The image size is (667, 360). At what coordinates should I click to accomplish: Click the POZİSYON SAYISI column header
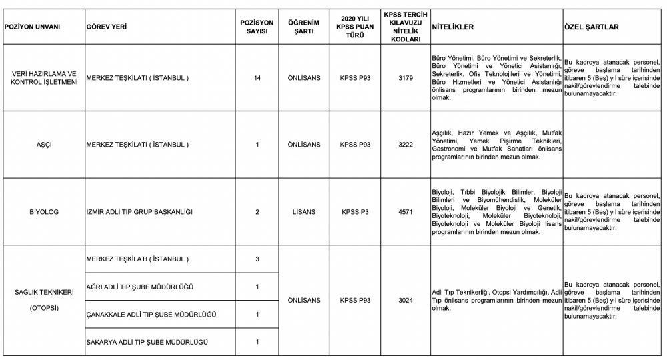coord(257,27)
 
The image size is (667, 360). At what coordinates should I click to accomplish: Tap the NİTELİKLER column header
coord(453,27)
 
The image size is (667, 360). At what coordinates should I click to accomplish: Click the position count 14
coord(257,78)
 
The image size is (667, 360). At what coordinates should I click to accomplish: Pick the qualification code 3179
coord(406,78)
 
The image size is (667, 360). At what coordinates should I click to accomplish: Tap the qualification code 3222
coord(406,144)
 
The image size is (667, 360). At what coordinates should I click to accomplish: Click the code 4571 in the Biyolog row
coord(406,211)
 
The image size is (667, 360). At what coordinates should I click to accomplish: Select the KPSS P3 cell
coord(355,211)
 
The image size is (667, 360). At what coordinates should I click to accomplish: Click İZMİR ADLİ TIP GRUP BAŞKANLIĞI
coord(139,211)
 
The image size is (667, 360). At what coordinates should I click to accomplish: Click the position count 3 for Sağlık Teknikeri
coord(257,259)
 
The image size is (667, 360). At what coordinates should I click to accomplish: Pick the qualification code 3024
coord(406,300)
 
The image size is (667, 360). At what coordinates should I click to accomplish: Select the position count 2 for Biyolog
coord(257,211)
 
